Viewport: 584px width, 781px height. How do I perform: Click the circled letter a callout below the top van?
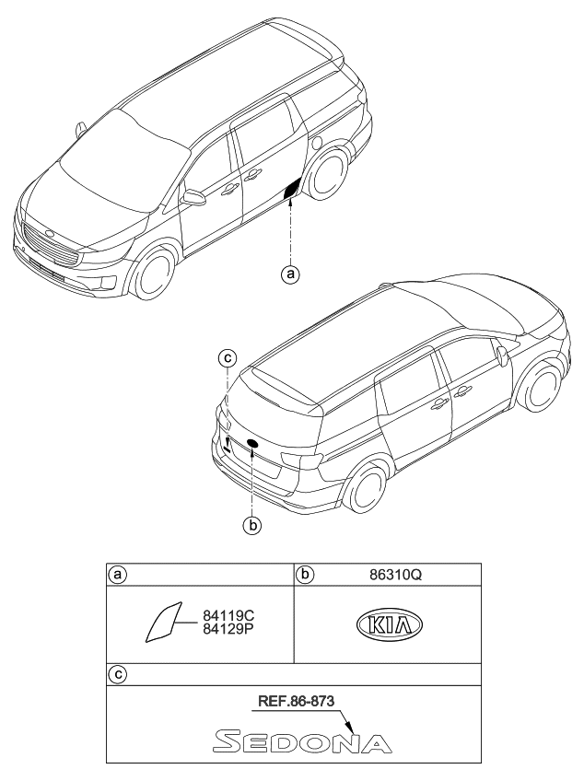[x=292, y=274]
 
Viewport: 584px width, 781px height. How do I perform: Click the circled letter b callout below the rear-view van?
[x=250, y=526]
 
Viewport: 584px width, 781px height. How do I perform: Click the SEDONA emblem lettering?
[x=301, y=740]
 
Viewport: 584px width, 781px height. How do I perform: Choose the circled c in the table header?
[x=117, y=674]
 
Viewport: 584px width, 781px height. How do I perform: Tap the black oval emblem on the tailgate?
[x=251, y=445]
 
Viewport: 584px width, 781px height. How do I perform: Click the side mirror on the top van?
[x=194, y=197]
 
